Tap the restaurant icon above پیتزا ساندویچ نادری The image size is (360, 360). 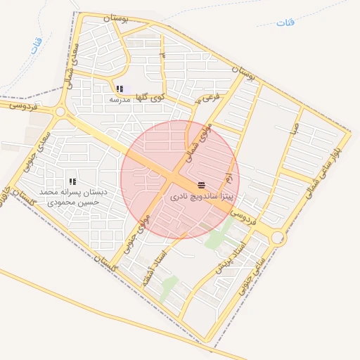[202, 186]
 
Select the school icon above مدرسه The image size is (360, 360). [120, 89]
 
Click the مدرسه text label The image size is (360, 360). [120, 99]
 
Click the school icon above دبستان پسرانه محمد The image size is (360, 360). [72, 181]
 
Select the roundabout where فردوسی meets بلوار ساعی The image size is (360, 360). [278, 238]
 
